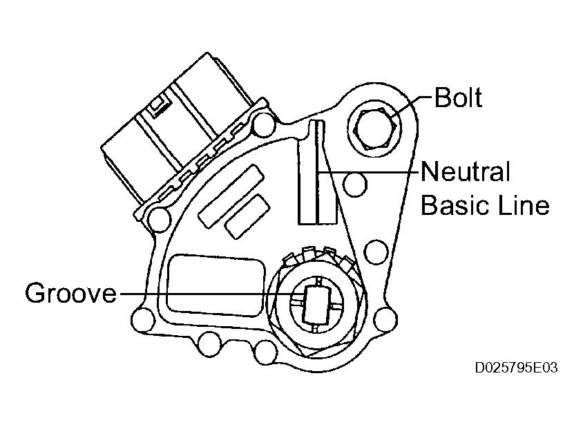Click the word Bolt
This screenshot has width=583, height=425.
point(458,97)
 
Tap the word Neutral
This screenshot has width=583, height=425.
point(465,171)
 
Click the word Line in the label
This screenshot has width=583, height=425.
point(524,205)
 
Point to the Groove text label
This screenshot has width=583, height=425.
point(70,294)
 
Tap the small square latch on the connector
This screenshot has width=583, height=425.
point(157,105)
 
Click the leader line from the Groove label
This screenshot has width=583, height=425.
point(207,294)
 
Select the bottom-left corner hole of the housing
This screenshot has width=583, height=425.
point(142,321)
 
